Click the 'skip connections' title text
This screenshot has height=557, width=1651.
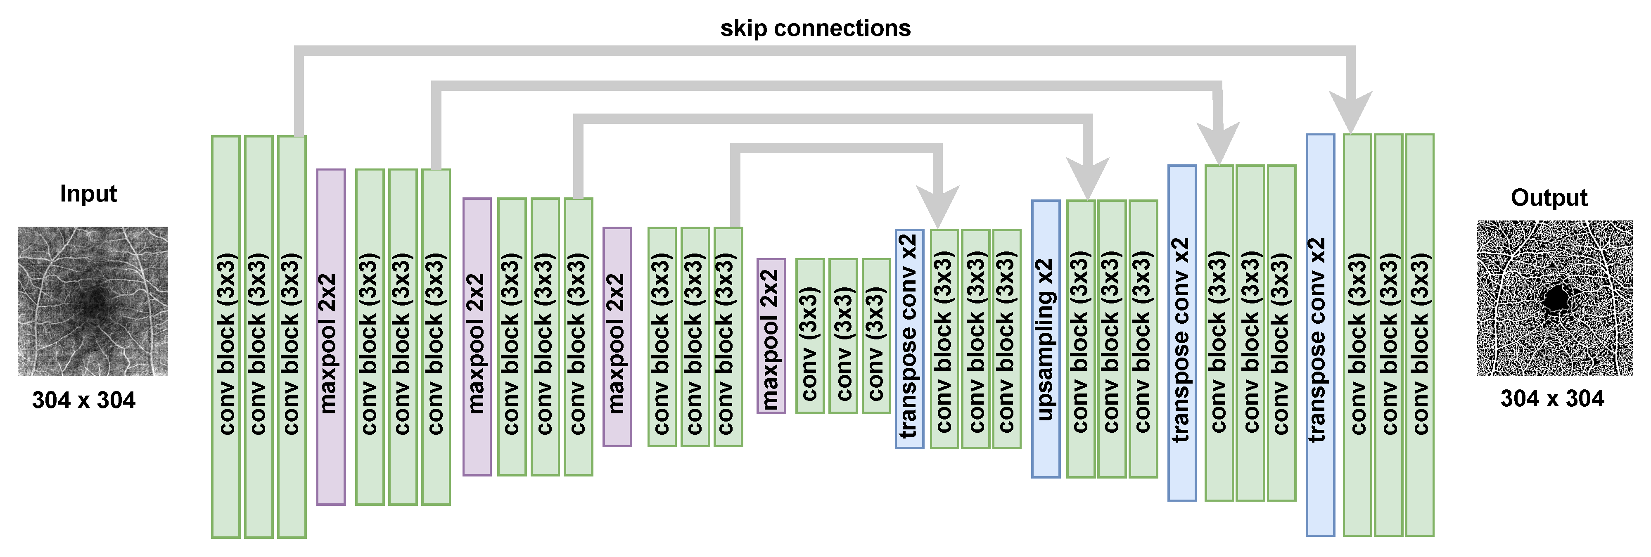pos(815,28)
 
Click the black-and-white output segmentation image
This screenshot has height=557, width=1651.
pos(1554,298)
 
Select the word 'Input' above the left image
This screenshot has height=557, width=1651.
pos(88,194)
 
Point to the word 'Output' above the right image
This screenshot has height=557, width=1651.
pos(1549,197)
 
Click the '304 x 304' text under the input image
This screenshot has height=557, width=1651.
pos(84,400)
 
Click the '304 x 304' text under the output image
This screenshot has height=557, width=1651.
pos(1551,399)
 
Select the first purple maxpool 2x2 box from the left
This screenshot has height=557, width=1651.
pos(331,337)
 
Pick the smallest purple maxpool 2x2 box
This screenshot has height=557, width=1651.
pos(771,336)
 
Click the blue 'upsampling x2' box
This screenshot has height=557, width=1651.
pos(1045,339)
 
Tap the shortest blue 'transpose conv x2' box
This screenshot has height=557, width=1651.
pos(909,339)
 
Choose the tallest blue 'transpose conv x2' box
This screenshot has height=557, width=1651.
pos(1320,334)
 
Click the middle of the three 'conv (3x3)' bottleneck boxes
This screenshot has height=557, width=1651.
pos(843,336)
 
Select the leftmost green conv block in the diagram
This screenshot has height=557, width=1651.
pos(225,337)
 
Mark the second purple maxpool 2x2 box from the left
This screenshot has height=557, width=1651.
pos(477,337)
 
